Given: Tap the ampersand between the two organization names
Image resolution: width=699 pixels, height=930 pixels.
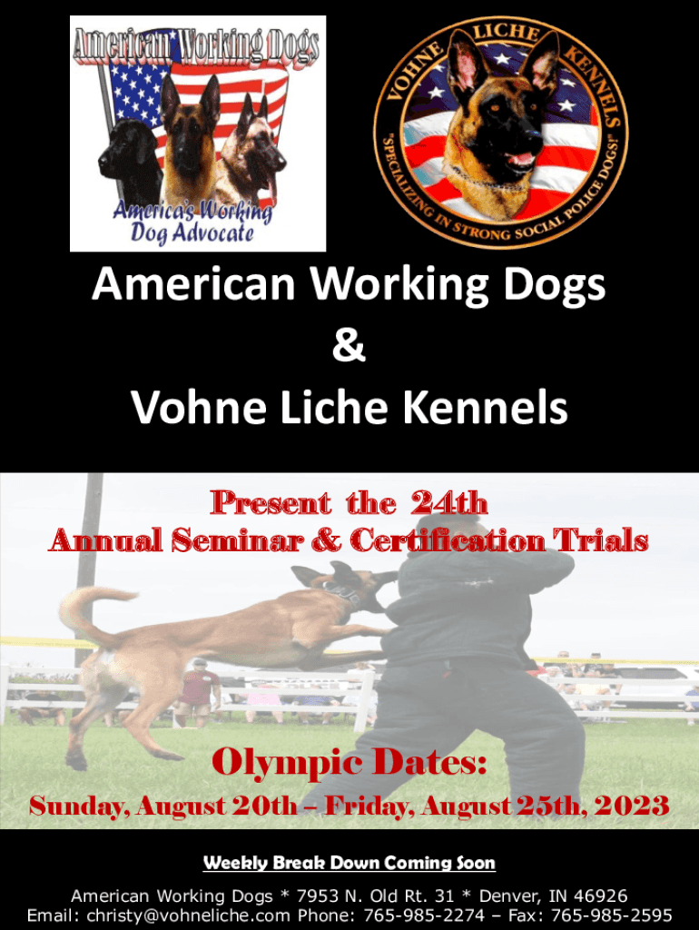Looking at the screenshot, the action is [349, 346].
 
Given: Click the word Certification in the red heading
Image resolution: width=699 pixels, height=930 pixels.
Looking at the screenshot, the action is [447, 540].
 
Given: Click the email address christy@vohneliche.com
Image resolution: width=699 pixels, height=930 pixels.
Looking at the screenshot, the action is [189, 915].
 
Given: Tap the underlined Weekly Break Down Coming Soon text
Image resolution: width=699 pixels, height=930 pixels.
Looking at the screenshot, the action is [349, 863].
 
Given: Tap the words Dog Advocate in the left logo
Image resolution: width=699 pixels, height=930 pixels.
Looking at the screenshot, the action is [192, 233].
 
